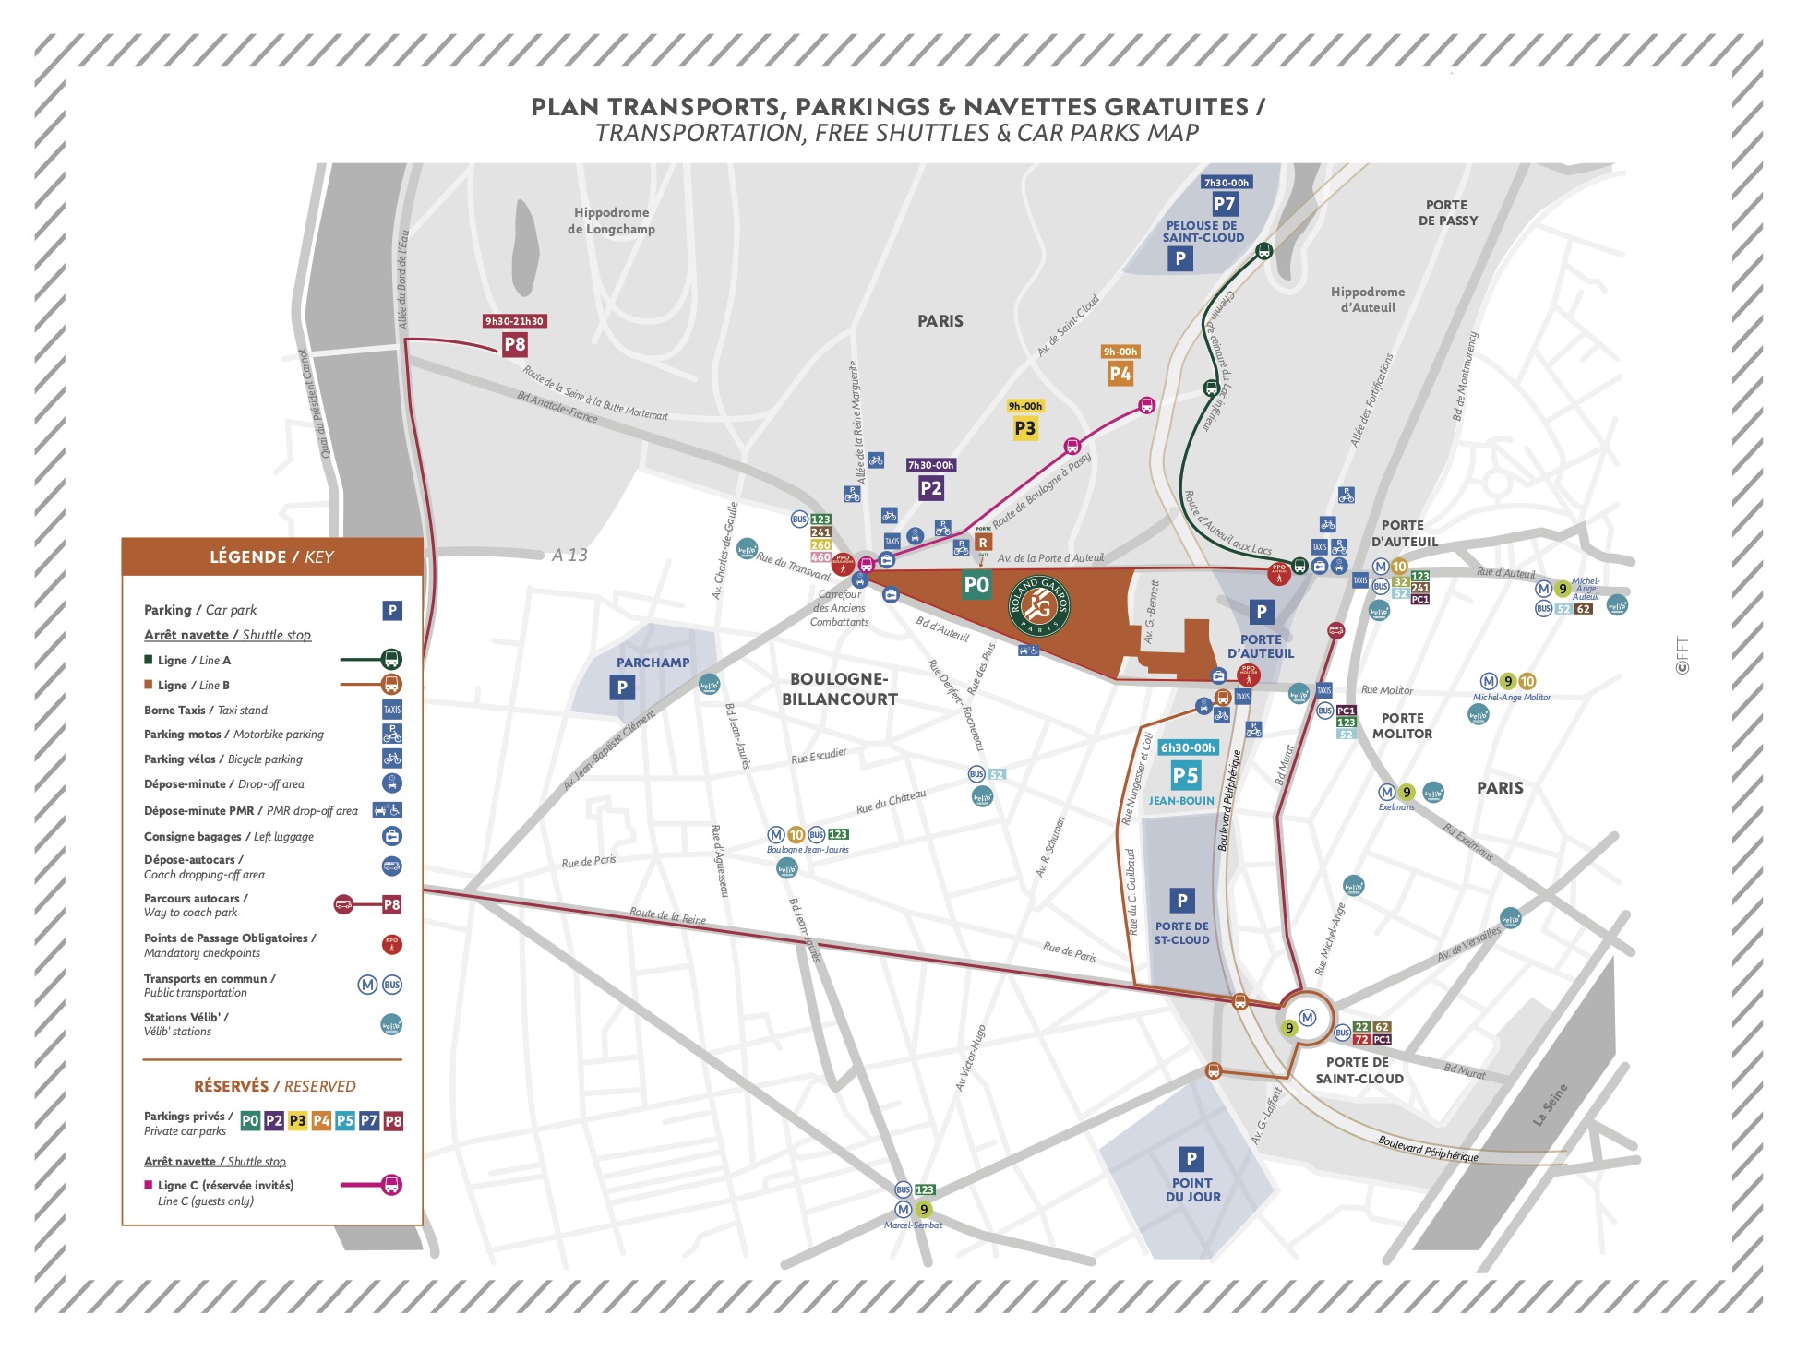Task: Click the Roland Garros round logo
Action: click(1039, 605)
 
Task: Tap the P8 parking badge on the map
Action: click(514, 345)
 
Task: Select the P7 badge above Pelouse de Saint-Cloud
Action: click(1224, 204)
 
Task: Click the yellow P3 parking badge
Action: click(1024, 428)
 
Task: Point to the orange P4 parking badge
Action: click(1120, 374)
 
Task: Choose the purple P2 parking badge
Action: click(930, 488)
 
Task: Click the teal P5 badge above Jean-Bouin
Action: click(1185, 776)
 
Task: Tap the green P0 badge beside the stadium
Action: click(976, 584)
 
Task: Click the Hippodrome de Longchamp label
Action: click(611, 221)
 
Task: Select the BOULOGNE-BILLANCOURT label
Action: click(839, 689)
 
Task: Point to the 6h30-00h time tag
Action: click(1188, 747)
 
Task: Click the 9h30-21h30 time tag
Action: click(514, 321)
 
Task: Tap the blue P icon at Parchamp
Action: click(622, 687)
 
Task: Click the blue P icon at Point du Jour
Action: click(1191, 1158)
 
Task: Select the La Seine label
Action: click(1550, 1105)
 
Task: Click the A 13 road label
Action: click(569, 555)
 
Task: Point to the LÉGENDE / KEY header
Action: click(272, 556)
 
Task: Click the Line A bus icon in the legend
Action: click(391, 660)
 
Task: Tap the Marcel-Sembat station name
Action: click(913, 1225)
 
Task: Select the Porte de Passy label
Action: click(1446, 212)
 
